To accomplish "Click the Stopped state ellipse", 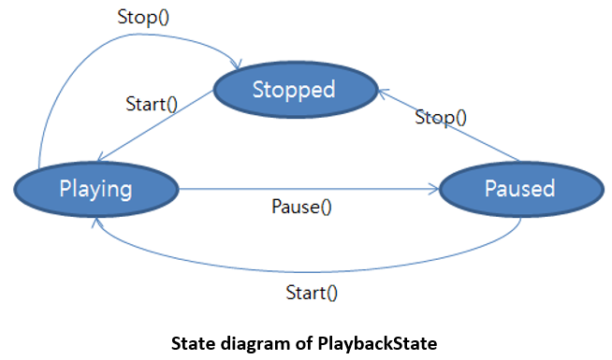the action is pos(296,90).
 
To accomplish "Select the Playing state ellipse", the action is pos(96,189).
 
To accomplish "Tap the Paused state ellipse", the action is pos(521,189).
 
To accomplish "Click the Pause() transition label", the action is pos(301,207).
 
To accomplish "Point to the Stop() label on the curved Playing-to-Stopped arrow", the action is pos(143,17).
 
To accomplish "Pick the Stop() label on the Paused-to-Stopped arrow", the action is pos(441,117).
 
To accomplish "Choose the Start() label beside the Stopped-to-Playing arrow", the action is pos(152,104).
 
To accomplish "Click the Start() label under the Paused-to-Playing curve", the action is pos(312,293).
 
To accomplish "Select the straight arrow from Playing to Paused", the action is pos(309,189).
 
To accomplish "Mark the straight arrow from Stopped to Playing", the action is pos(155,125).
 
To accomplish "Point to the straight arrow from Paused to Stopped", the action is pos(449,124).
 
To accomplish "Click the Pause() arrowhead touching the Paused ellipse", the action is pos(435,189).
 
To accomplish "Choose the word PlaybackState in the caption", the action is pos(377,344).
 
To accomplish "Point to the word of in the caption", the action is pos(303,343).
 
